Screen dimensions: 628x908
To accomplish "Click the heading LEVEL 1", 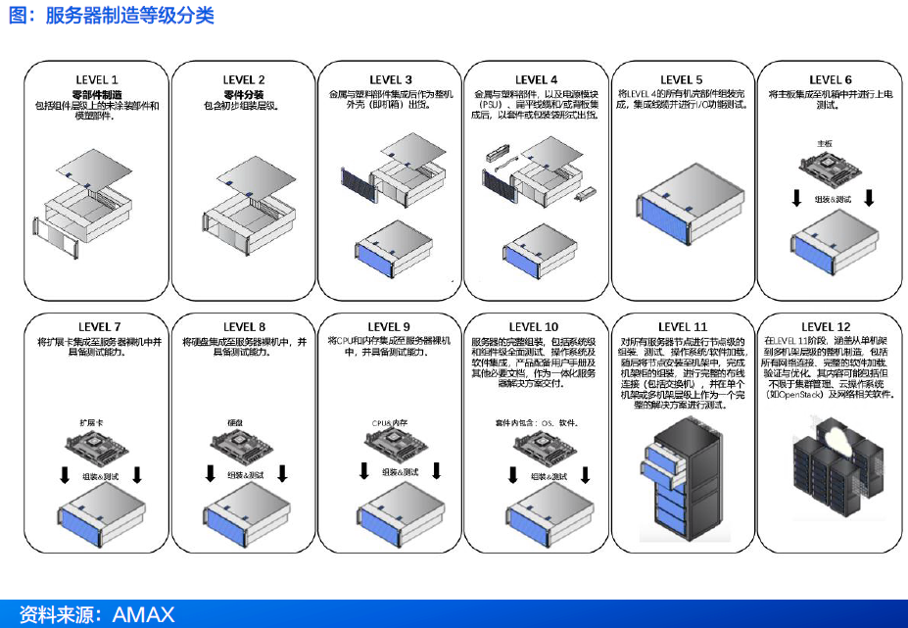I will [x=97, y=79].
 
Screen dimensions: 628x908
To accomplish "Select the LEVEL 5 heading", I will [x=681, y=79].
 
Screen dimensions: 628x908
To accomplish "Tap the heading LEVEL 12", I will [x=826, y=327].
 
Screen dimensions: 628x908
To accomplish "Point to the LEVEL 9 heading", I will [x=389, y=327].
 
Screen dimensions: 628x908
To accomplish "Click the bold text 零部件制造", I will [x=97, y=93].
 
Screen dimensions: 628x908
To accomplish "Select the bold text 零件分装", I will [x=244, y=93].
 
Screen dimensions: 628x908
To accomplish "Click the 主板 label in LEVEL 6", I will [x=824, y=142].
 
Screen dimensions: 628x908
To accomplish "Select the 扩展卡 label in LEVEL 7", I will [x=92, y=421].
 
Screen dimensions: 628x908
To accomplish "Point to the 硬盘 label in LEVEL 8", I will [x=236, y=421].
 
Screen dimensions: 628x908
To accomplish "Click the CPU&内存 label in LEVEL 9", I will [x=388, y=421].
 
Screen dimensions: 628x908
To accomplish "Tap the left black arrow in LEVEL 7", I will [x=64, y=475].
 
